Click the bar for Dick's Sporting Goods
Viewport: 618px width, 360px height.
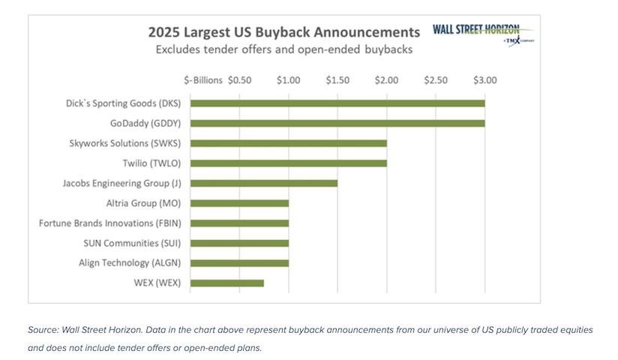(x=337, y=103)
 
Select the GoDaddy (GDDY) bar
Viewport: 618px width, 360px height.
(x=337, y=123)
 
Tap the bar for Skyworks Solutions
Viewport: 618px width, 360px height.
(x=289, y=143)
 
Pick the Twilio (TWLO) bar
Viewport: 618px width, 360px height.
(x=289, y=163)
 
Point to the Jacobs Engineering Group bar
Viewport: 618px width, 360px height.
(x=264, y=183)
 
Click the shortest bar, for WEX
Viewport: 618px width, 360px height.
(x=227, y=283)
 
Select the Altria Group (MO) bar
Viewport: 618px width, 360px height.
(x=240, y=203)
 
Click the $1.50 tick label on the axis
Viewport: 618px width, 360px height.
(x=337, y=79)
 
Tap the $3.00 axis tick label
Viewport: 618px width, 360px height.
(x=484, y=79)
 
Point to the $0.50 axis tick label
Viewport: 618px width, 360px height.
(x=239, y=79)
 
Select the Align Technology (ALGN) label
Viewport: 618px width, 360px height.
(x=134, y=262)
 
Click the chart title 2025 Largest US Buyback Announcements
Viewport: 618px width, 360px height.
(x=283, y=32)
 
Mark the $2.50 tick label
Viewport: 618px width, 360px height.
(x=436, y=79)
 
